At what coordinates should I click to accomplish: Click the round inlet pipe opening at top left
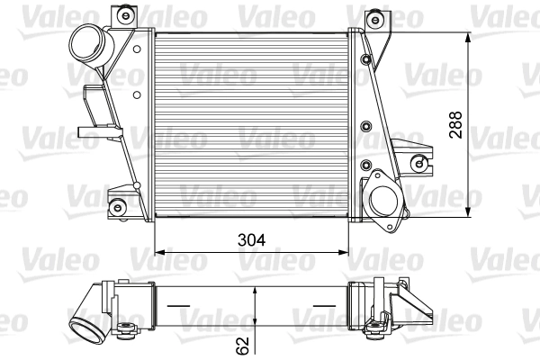pos(85,42)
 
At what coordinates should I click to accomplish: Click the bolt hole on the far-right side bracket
pos(417,162)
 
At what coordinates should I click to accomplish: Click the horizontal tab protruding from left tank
pos(90,132)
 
